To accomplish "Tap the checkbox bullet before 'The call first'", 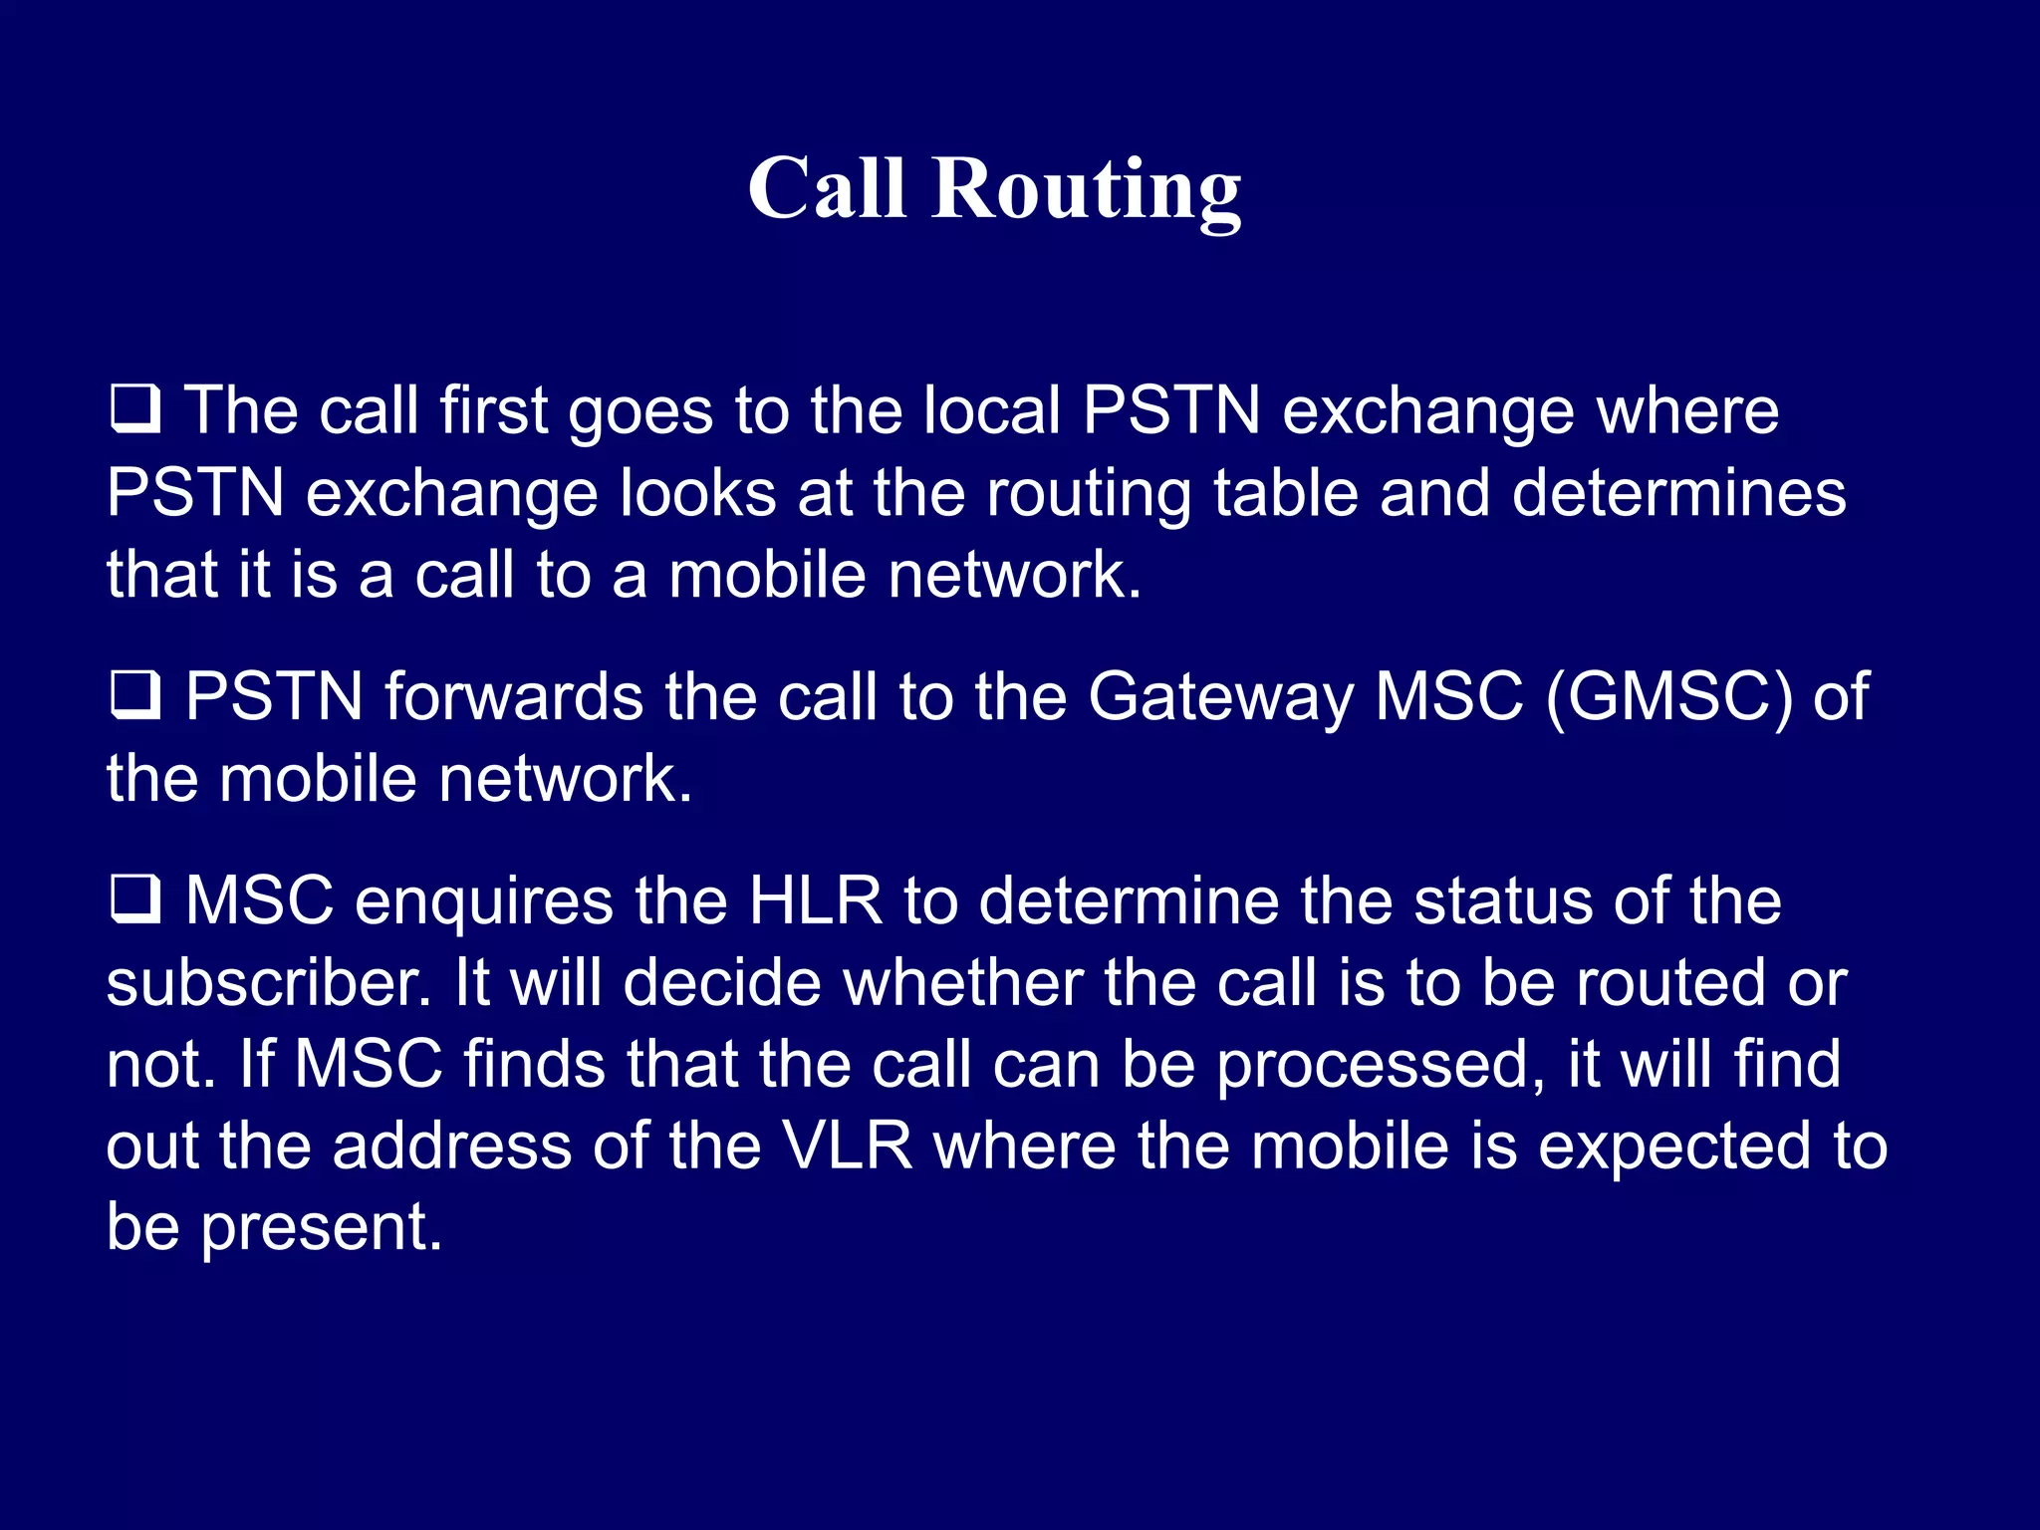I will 134,408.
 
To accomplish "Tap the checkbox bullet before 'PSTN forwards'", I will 134,694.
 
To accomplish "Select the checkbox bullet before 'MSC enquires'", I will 134,898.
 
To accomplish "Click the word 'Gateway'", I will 1220,696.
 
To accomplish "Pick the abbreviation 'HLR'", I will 815,901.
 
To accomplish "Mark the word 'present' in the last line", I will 321,1229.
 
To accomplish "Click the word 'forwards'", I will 514,696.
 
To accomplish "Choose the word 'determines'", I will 1678,493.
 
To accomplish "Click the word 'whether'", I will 962,983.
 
